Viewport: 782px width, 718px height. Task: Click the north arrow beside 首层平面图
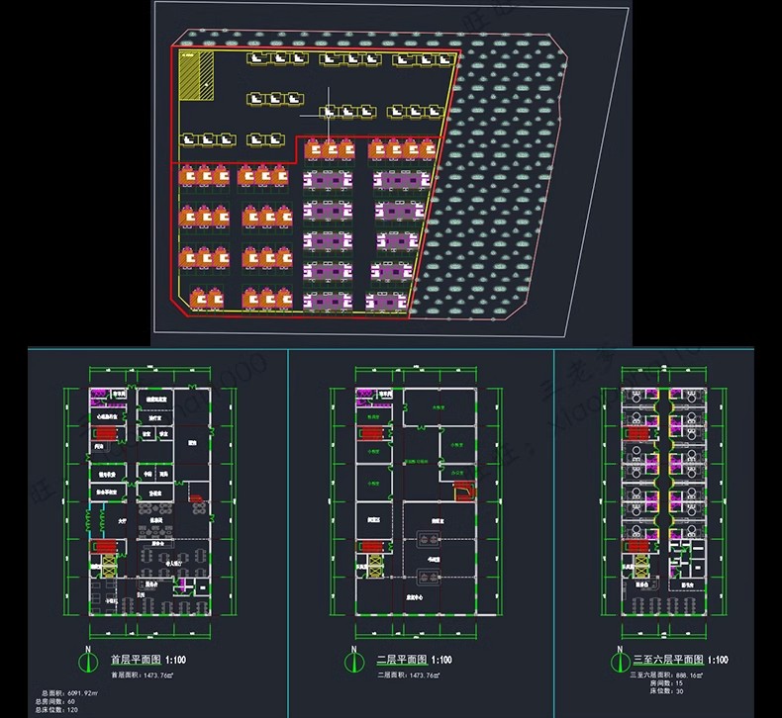(86, 659)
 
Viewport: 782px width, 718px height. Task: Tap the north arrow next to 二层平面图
(351, 659)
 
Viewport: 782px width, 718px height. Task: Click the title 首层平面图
(137, 660)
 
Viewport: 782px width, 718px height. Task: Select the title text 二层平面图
(401, 660)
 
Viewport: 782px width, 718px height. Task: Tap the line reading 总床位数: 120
(58, 710)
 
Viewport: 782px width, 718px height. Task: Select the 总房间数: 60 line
(57, 701)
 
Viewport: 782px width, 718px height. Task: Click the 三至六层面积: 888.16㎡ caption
(665, 673)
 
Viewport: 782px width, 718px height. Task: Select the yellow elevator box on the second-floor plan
(430, 538)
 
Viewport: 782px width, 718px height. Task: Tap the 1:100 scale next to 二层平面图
(440, 660)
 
